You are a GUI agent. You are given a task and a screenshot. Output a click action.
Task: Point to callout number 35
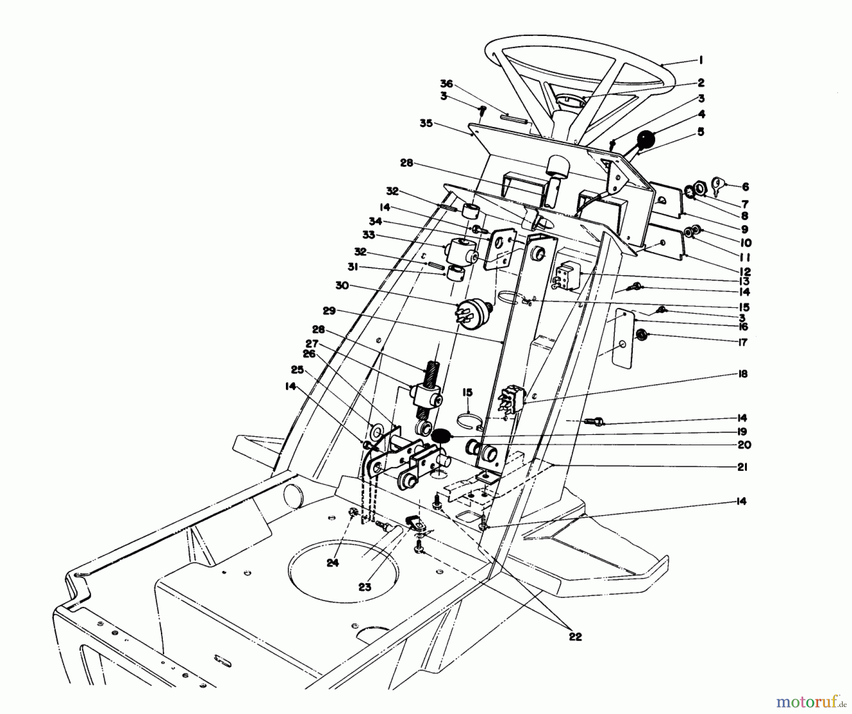426,124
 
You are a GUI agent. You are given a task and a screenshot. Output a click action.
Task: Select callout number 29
329,311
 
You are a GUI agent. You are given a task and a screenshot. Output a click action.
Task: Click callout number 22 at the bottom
575,637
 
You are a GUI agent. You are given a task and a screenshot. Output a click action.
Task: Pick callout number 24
333,563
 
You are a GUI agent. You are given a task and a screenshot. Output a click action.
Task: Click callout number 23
364,587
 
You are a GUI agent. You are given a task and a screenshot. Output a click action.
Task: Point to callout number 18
743,374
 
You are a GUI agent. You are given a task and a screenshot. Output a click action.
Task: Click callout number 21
742,467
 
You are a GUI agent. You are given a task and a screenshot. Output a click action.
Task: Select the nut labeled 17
641,335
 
